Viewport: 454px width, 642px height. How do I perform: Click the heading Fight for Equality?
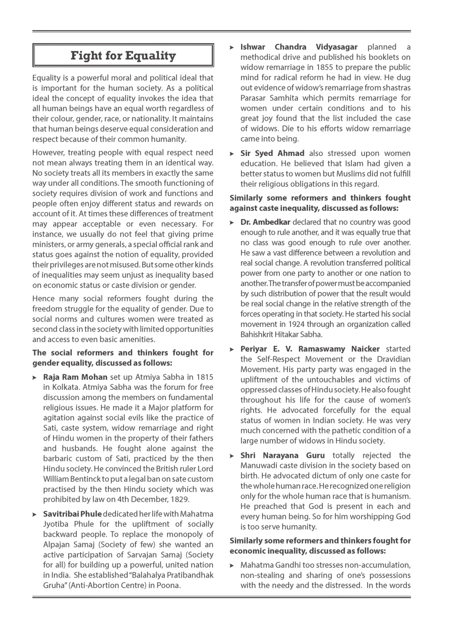click(x=123, y=56)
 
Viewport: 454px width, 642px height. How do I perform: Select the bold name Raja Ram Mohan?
click(x=75, y=377)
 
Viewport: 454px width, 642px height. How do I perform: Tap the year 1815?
click(x=205, y=377)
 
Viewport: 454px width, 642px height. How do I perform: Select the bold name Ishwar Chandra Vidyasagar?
click(x=299, y=47)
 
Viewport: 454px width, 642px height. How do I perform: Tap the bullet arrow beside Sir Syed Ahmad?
click(x=232, y=154)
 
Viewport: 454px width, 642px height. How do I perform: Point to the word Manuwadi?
click(x=256, y=466)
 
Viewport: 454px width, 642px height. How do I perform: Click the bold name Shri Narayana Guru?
click(x=282, y=455)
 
